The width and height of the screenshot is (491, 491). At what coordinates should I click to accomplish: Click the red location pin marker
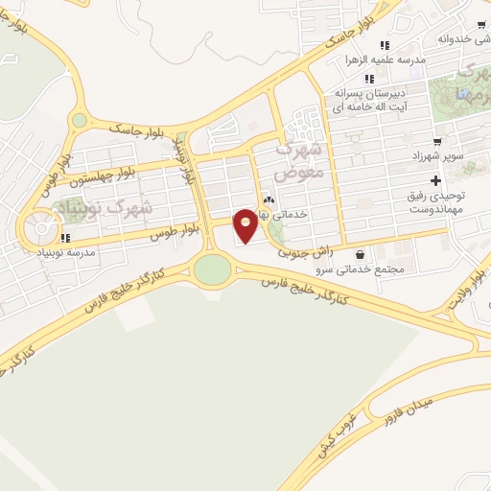pyautogui.click(x=245, y=224)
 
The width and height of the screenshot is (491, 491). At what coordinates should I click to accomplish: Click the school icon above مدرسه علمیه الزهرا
pyautogui.click(x=385, y=45)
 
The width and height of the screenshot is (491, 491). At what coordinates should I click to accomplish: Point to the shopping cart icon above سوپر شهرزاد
pyautogui.click(x=437, y=141)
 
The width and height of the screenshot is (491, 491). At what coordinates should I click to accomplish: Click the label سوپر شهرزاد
pyautogui.click(x=440, y=154)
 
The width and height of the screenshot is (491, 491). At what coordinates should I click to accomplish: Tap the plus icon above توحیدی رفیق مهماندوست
pyautogui.click(x=436, y=180)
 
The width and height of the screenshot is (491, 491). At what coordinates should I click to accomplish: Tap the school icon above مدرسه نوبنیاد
pyautogui.click(x=65, y=237)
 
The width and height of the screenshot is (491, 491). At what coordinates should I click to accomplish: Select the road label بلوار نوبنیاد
pyautogui.click(x=187, y=159)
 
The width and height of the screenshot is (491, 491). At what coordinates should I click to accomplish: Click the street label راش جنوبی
pyautogui.click(x=305, y=250)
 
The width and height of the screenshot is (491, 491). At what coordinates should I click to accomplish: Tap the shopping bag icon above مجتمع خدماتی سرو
pyautogui.click(x=360, y=255)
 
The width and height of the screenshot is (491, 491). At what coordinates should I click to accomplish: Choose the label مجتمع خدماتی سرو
pyautogui.click(x=371, y=269)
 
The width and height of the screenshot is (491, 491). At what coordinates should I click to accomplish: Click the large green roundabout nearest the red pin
pyautogui.click(x=213, y=269)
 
